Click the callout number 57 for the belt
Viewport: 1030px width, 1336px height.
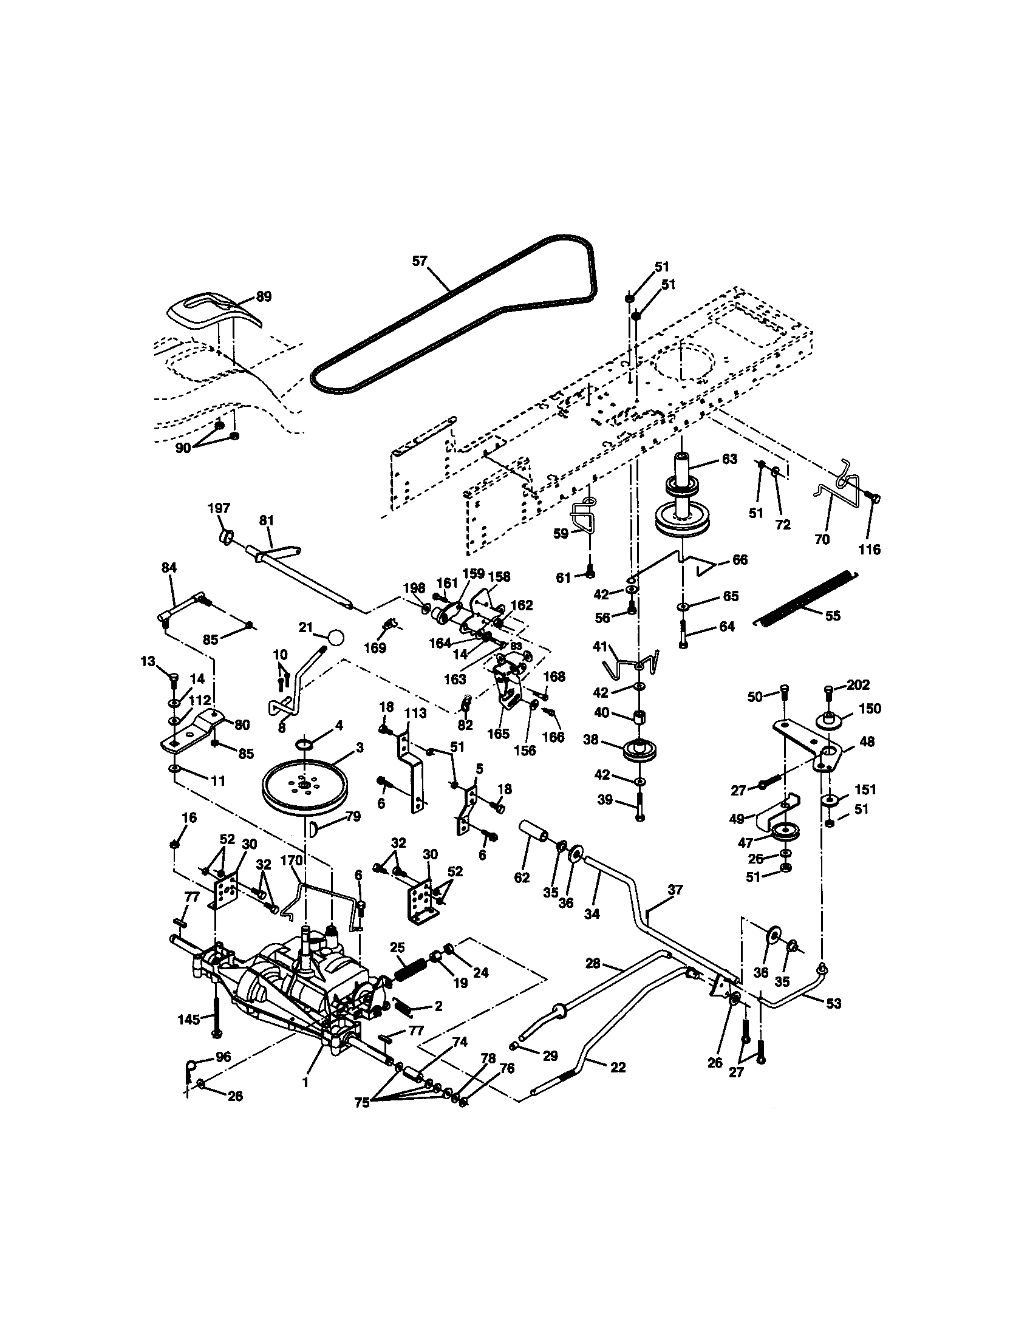tap(419, 261)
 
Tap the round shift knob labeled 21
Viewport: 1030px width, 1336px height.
tap(336, 637)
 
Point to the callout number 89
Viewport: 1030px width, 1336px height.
tap(264, 296)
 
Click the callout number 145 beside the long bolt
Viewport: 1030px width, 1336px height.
tap(189, 1019)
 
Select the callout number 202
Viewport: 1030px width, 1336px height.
tap(859, 684)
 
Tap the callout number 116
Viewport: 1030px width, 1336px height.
tap(869, 550)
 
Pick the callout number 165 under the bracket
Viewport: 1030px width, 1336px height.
tap(499, 734)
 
